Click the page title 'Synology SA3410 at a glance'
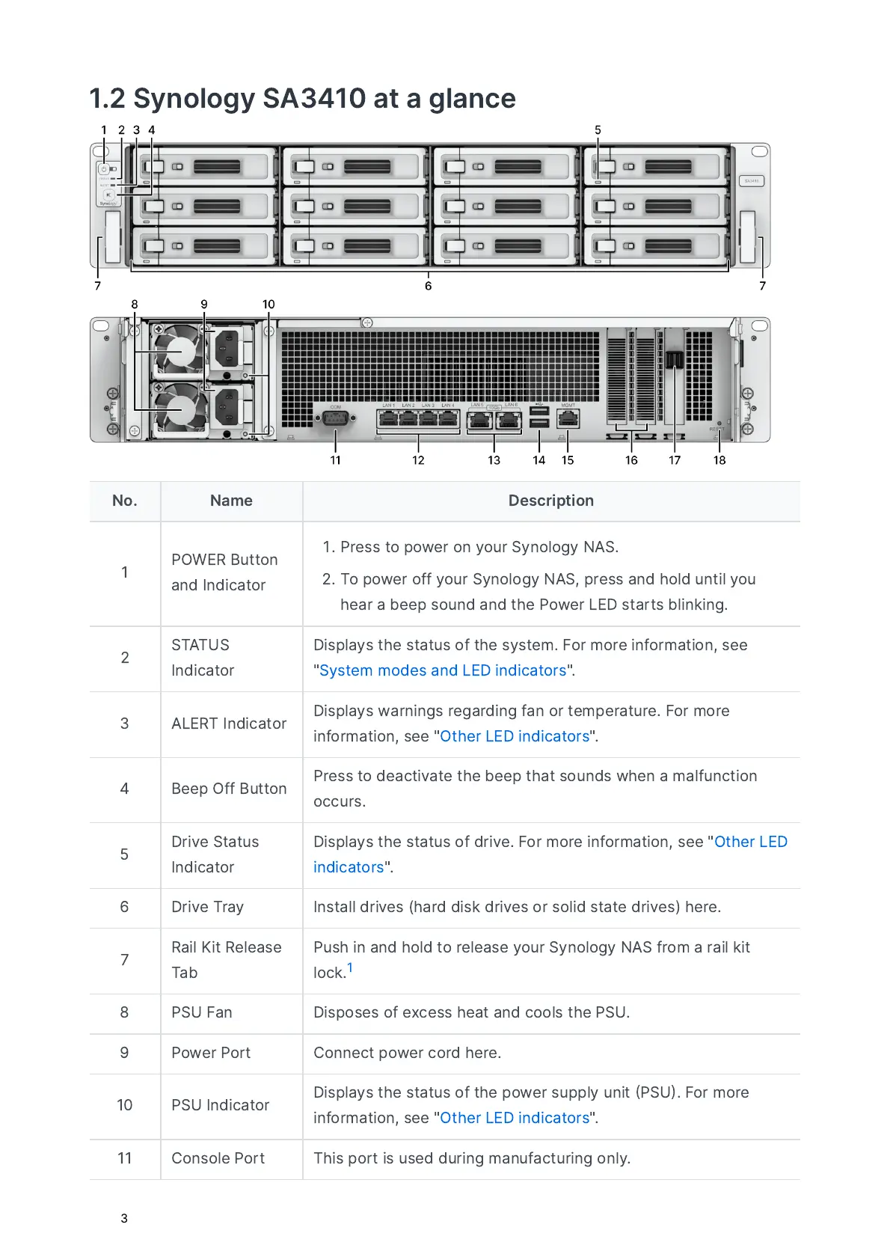tap(302, 99)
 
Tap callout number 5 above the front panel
tap(598, 130)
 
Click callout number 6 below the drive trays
tap(428, 286)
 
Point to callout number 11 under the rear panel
tap(335, 460)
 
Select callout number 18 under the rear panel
tap(719, 460)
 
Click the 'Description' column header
tap(551, 501)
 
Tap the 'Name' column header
tap(231, 501)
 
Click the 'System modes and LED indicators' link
tap(443, 670)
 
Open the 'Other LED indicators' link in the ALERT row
tap(515, 736)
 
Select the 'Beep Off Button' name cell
tap(229, 789)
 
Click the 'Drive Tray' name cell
tap(207, 907)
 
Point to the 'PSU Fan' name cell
tap(202, 1012)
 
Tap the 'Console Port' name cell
tap(218, 1158)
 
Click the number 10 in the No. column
tap(125, 1105)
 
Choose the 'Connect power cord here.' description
tap(407, 1053)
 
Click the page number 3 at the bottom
tap(124, 1218)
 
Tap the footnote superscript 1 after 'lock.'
tap(350, 967)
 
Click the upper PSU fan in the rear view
tap(179, 350)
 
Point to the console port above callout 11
tap(335, 418)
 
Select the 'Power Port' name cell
tap(211, 1053)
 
